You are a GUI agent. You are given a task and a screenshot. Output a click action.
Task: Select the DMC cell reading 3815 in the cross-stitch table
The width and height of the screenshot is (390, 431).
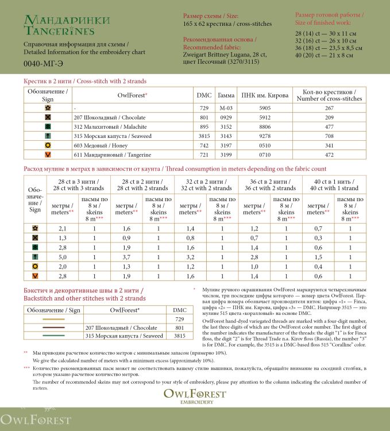click(x=203, y=136)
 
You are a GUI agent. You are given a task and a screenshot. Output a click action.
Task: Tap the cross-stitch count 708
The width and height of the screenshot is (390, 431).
click(x=329, y=136)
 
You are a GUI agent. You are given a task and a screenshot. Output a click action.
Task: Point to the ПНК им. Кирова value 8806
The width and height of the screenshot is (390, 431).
click(x=264, y=126)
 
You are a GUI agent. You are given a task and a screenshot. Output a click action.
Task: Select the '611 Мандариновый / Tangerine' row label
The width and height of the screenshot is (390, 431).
click(x=103, y=155)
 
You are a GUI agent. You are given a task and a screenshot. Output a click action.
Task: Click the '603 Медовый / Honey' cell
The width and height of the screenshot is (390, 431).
click(x=96, y=145)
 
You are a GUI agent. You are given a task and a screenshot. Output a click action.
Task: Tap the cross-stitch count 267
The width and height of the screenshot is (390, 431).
click(x=329, y=108)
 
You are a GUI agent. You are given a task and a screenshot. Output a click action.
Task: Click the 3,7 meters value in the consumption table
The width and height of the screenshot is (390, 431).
click(x=126, y=257)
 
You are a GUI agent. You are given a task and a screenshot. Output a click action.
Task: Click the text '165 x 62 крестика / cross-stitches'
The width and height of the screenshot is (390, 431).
click(x=227, y=24)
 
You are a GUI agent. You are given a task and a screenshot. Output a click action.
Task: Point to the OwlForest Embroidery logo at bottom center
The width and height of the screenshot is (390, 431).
click(x=195, y=396)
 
